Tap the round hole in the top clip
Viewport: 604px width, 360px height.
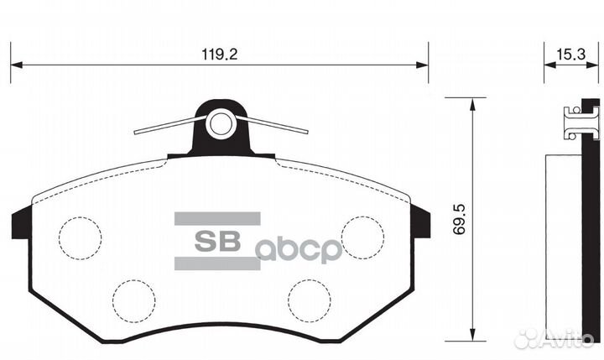(221, 124)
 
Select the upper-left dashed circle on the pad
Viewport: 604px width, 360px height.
(80, 237)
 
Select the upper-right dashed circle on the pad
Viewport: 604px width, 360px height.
(362, 237)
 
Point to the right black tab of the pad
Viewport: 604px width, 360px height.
(422, 224)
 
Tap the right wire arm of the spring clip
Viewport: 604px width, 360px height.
(277, 126)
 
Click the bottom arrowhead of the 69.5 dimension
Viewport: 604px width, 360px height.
(474, 337)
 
